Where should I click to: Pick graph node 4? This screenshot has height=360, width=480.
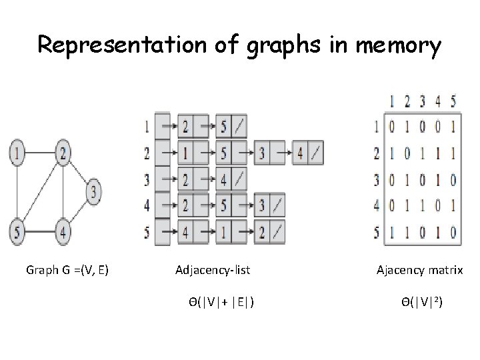tap(63, 233)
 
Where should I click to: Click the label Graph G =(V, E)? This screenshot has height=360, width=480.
tap(67, 270)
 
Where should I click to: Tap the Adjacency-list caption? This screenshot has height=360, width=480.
tap(213, 270)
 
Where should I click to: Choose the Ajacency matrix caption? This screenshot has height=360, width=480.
tap(420, 270)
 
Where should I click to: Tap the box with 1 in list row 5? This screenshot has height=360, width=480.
tap(223, 233)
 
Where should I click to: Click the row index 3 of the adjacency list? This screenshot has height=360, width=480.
tap(147, 179)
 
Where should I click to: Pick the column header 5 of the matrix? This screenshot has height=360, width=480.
tap(454, 102)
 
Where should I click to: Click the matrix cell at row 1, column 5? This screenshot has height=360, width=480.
tap(454, 126)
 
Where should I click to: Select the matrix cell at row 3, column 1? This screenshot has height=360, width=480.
tap(391, 179)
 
